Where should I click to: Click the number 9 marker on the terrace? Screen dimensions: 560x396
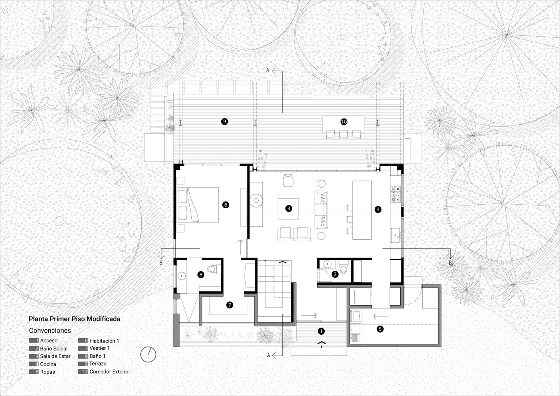click(x=225, y=122)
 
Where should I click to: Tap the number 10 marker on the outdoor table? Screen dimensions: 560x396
click(x=344, y=122)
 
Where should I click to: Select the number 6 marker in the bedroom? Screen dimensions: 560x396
click(x=225, y=205)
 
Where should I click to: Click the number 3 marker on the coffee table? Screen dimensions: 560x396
click(x=288, y=208)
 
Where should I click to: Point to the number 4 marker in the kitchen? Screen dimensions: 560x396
click(x=378, y=209)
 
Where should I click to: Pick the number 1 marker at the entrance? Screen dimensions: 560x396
click(x=321, y=331)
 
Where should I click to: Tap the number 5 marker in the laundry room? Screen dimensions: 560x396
click(x=380, y=329)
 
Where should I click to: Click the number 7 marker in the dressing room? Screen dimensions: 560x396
click(x=229, y=305)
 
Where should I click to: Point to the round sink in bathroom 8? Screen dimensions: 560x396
click(x=181, y=276)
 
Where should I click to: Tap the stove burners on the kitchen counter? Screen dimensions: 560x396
click(x=396, y=194)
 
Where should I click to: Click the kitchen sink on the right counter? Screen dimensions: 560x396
click(x=396, y=235)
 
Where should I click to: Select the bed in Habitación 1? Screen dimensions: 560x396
click(x=198, y=204)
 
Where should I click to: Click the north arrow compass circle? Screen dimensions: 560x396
click(x=148, y=354)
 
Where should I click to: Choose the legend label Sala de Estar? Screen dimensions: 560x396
click(x=55, y=356)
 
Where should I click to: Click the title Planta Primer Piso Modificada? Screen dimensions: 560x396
click(x=74, y=319)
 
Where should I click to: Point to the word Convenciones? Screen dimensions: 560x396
click(x=50, y=330)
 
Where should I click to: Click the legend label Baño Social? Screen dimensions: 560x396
click(x=54, y=348)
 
